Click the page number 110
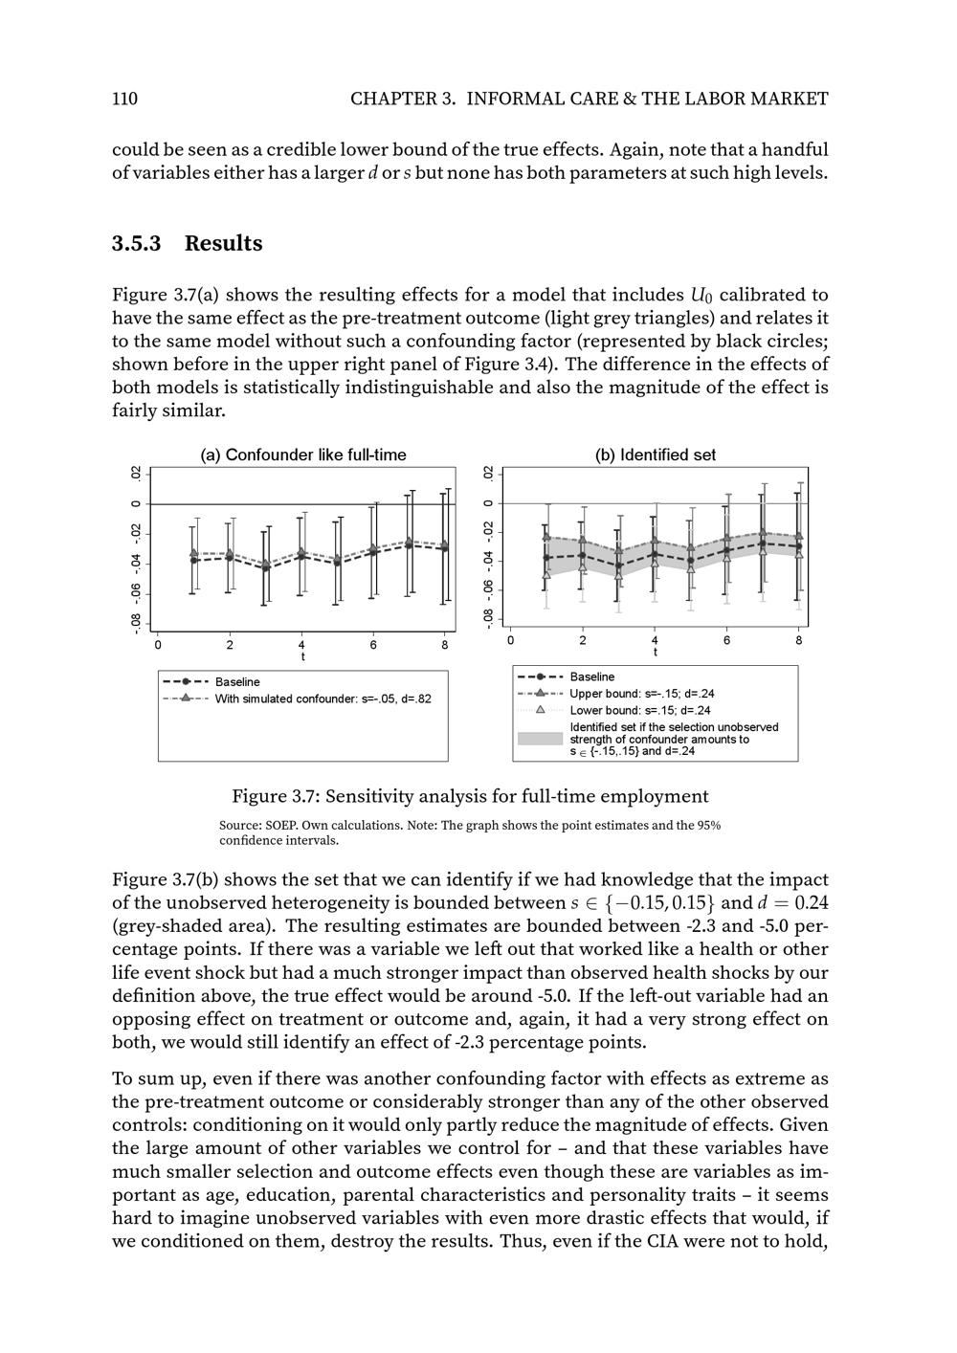tap(124, 99)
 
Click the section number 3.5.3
tap(136, 243)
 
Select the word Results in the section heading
tap(223, 243)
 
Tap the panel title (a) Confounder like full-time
tap(302, 455)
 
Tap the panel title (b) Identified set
tap(655, 455)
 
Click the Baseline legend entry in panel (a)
tap(236, 682)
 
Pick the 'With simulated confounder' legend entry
tap(323, 699)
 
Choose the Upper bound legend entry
tap(641, 694)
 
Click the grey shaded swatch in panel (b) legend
tap(540, 739)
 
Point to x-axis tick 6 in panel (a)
tap(373, 645)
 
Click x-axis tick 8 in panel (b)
tap(799, 640)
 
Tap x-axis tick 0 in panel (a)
tap(158, 645)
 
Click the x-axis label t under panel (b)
tap(656, 653)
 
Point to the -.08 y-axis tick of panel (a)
tap(137, 623)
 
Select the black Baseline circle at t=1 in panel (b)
tap(546, 557)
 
